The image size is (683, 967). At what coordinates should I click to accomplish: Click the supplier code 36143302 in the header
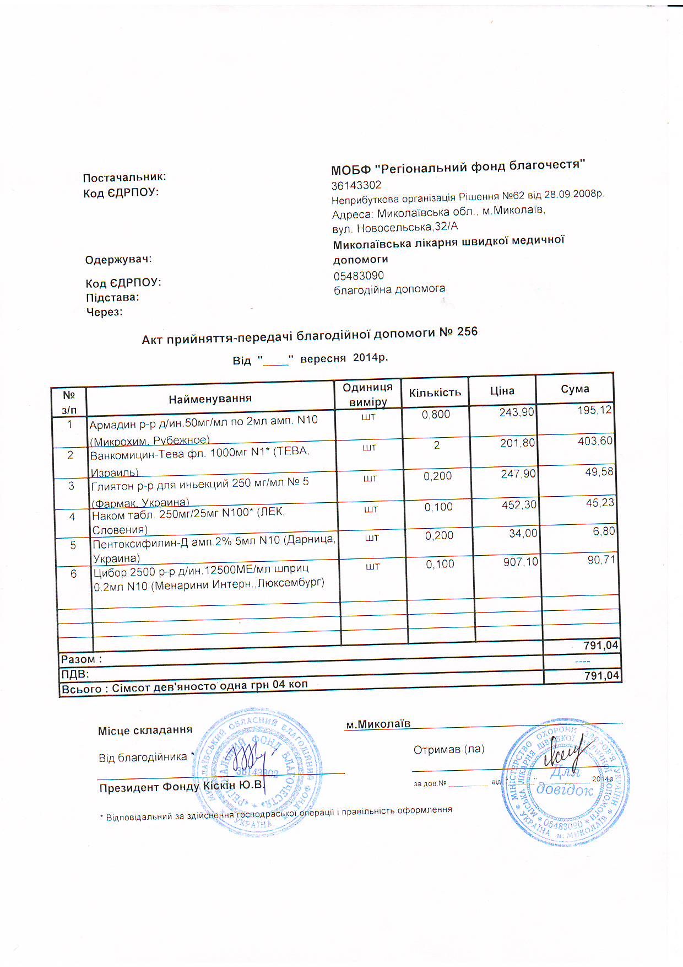[356, 185]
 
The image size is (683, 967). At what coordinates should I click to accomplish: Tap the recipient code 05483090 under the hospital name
[359, 276]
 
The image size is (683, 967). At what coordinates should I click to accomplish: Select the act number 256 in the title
[467, 332]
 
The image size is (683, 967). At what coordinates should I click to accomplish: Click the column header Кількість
[435, 393]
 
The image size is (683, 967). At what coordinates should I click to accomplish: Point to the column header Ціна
[502, 391]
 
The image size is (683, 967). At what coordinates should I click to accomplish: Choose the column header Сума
[574, 389]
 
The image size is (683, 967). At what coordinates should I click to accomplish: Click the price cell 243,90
[517, 412]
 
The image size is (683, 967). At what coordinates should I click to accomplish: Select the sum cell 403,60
[595, 441]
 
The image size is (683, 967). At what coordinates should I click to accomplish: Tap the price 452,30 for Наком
[519, 504]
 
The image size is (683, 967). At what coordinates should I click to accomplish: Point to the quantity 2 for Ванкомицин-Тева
[437, 445]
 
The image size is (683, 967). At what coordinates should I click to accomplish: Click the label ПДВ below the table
[75, 674]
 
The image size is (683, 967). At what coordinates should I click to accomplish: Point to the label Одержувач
[118, 260]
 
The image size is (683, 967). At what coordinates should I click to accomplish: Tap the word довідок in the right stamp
[565, 789]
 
